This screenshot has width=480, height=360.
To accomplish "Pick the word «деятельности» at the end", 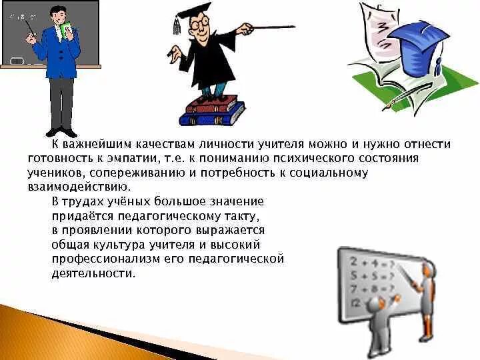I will [93, 273].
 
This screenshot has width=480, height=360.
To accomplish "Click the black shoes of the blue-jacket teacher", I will [61, 131].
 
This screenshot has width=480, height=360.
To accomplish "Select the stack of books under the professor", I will [211, 111].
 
